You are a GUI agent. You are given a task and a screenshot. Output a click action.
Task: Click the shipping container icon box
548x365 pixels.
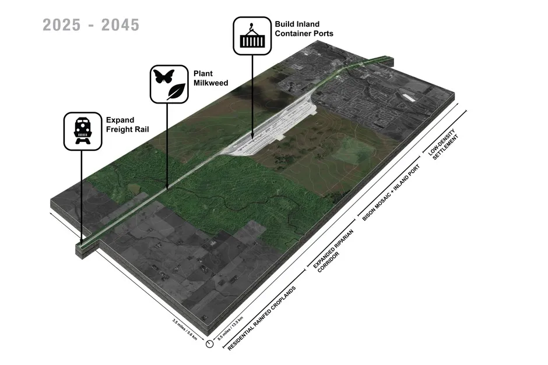[x=252, y=36]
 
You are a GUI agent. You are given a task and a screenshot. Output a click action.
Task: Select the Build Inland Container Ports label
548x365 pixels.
[x=304, y=29]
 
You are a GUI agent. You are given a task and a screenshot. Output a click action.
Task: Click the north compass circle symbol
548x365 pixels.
[x=209, y=344]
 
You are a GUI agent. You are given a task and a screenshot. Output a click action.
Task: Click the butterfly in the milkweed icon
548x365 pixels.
[x=163, y=76]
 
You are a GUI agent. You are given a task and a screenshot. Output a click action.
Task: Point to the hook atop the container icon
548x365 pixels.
[x=252, y=26]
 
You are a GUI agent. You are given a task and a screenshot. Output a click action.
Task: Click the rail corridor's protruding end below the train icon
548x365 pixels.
[x=83, y=248]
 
